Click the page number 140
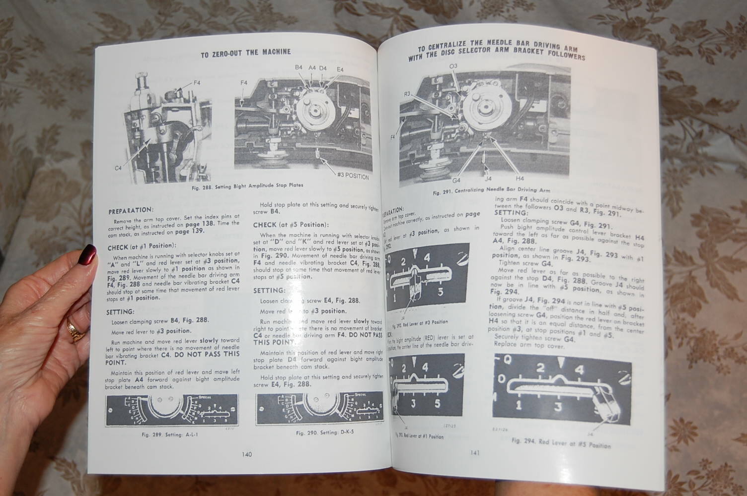[x=247, y=454]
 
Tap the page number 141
[x=474, y=452]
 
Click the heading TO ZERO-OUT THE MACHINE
[x=246, y=52]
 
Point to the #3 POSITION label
[x=353, y=176]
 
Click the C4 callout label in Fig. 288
[x=118, y=168]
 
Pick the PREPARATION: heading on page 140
[x=131, y=211]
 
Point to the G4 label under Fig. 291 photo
[x=457, y=180]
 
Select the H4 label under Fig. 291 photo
[x=520, y=178]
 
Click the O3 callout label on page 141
[x=453, y=66]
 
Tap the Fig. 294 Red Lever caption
[x=561, y=443]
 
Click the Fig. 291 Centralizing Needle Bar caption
[x=491, y=190]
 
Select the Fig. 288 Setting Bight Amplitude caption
[x=247, y=186]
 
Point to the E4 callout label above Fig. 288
[x=340, y=69]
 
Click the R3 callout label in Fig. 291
[x=407, y=93]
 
